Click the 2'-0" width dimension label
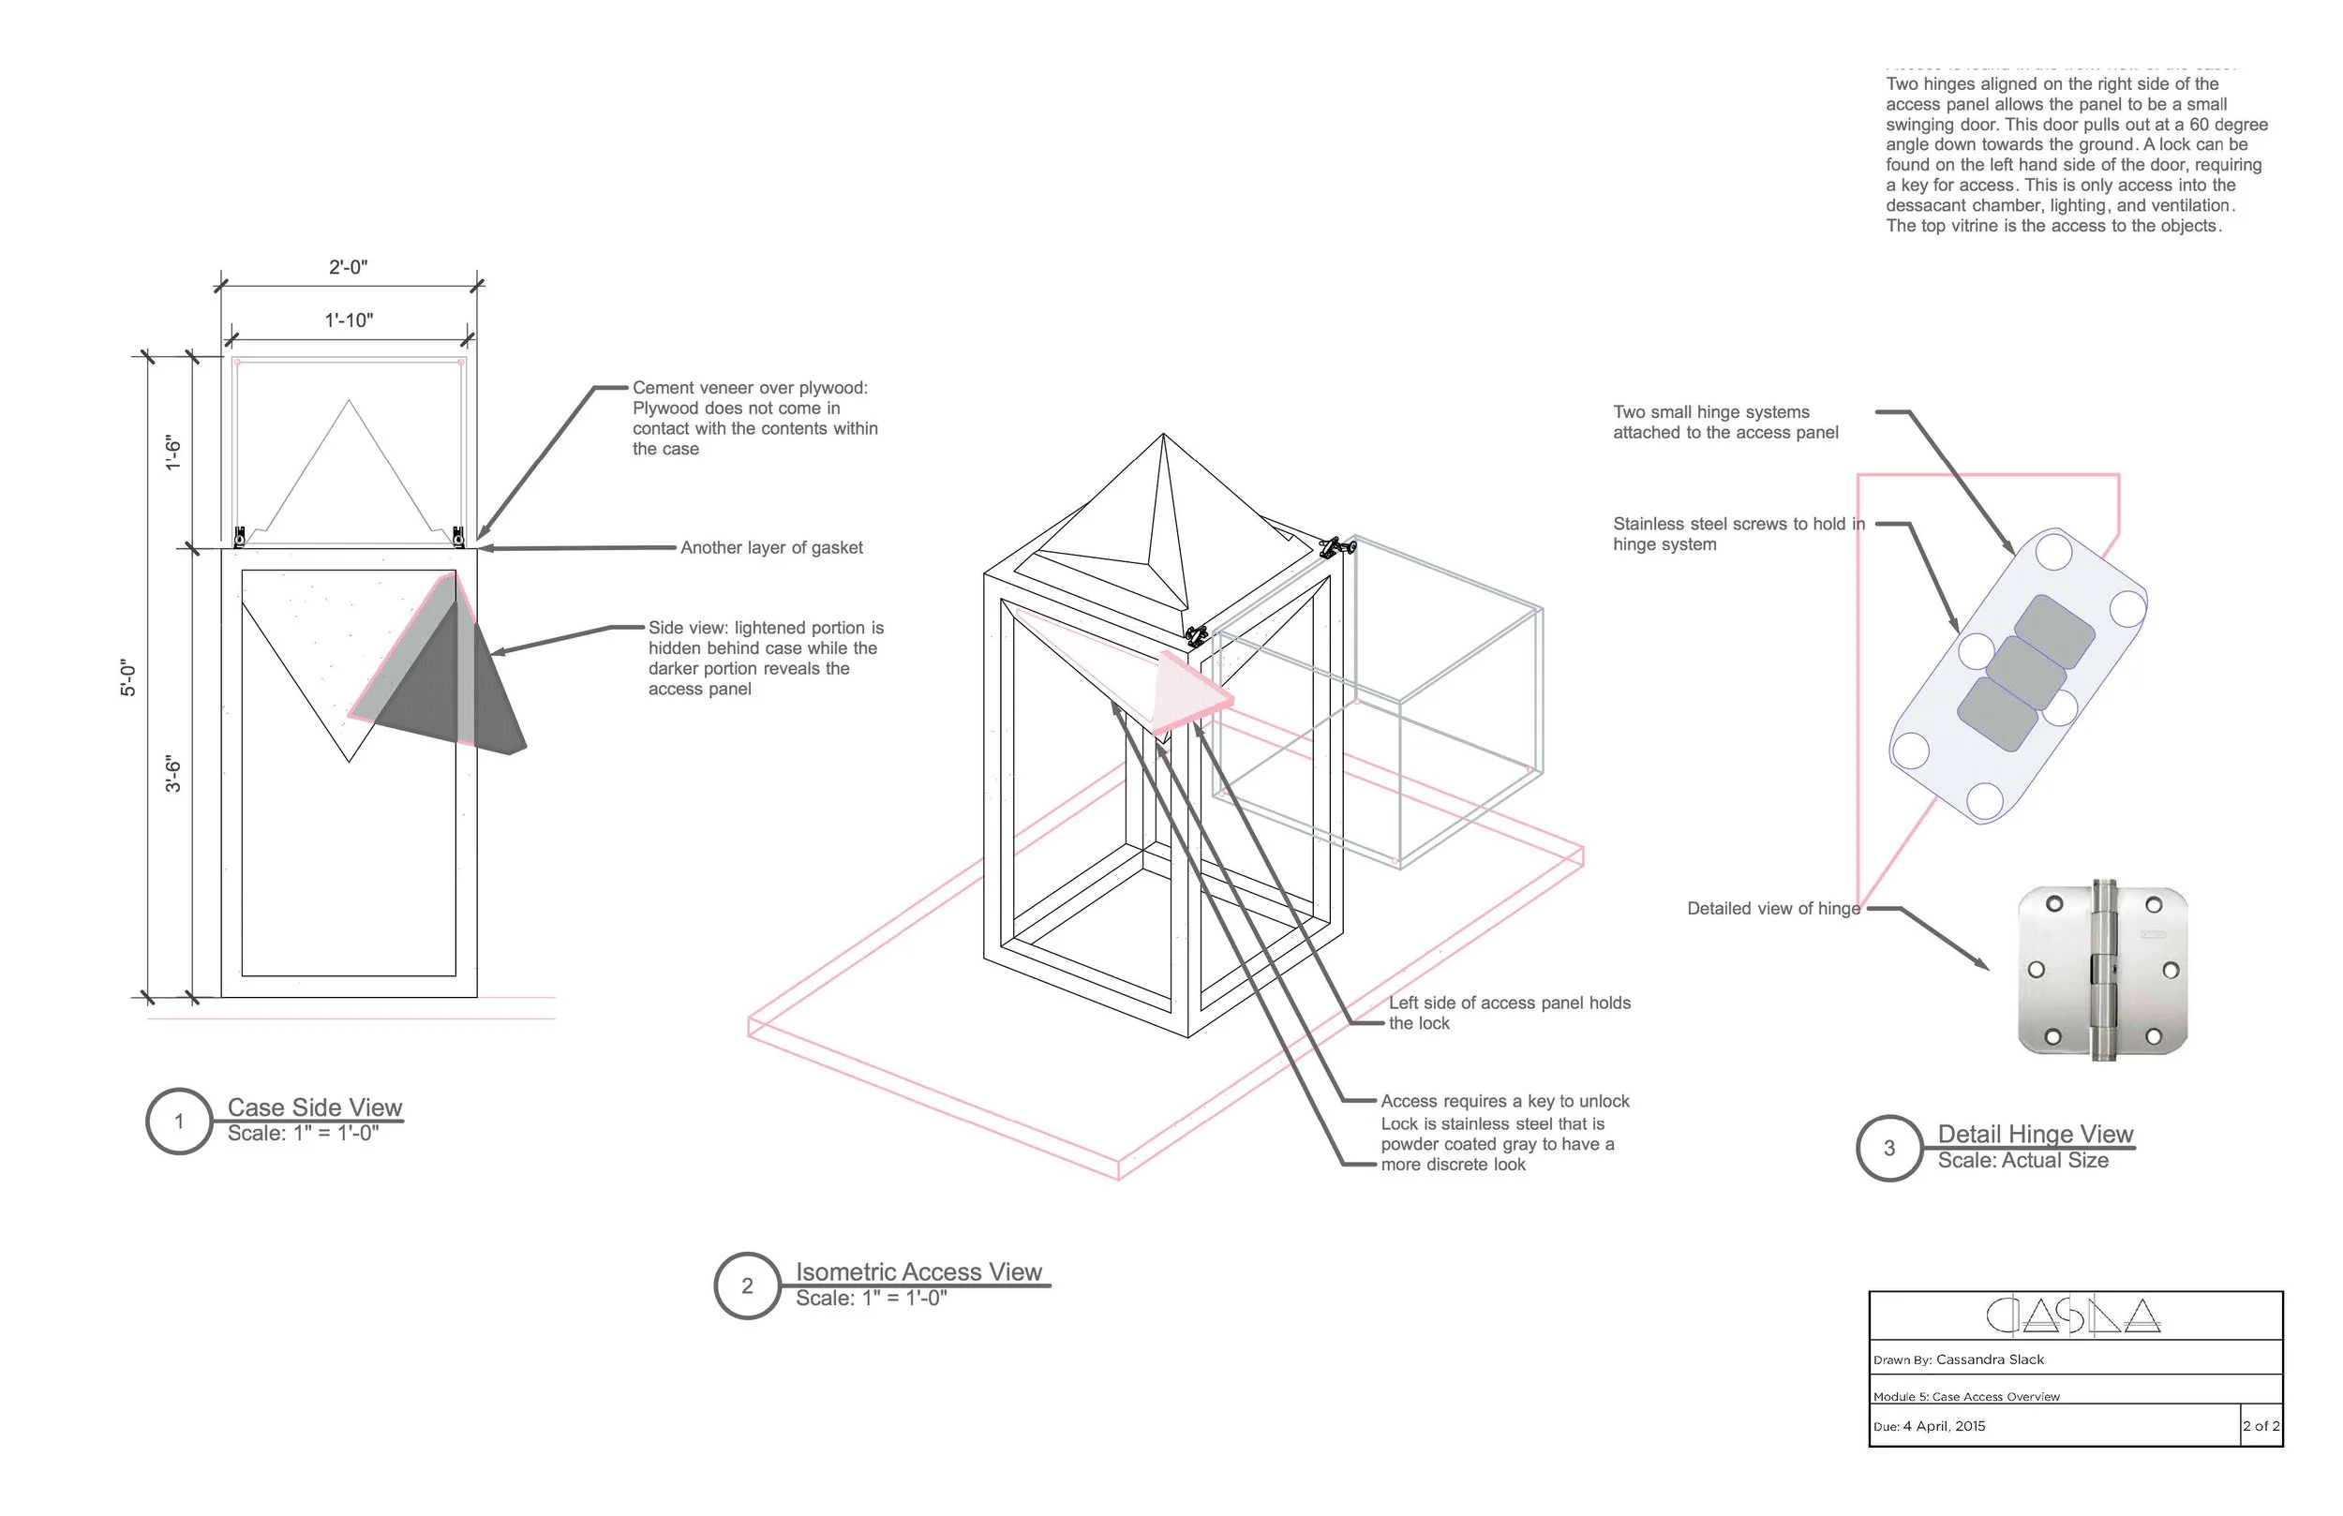[348, 268]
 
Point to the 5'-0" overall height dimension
[129, 677]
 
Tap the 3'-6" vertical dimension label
[174, 774]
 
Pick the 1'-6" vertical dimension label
[174, 452]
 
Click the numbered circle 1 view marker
[179, 1122]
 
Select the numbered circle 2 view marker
[747, 1286]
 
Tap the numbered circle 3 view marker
[1889, 1148]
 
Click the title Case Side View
[315, 1107]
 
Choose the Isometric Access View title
[918, 1271]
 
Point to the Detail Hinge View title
[2035, 1134]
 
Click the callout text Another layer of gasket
[772, 548]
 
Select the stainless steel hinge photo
[2103, 971]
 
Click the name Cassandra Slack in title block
[1990, 1360]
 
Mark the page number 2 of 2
[2261, 1426]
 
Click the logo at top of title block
[2073, 1316]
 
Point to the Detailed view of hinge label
[1773, 909]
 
